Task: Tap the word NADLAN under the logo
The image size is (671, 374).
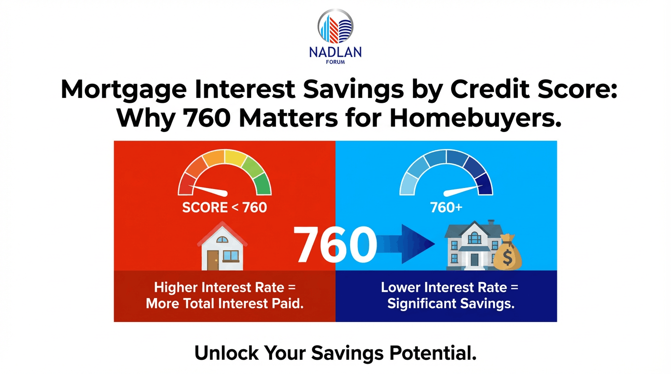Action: (x=335, y=52)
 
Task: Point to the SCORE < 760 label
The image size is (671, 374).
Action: (x=224, y=208)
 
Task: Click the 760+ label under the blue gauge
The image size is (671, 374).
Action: (x=446, y=208)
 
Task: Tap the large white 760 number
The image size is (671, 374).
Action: (x=335, y=245)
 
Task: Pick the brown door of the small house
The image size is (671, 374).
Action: (x=213, y=261)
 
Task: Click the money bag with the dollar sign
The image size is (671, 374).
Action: (x=507, y=252)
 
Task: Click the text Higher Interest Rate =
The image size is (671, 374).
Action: (x=225, y=287)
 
